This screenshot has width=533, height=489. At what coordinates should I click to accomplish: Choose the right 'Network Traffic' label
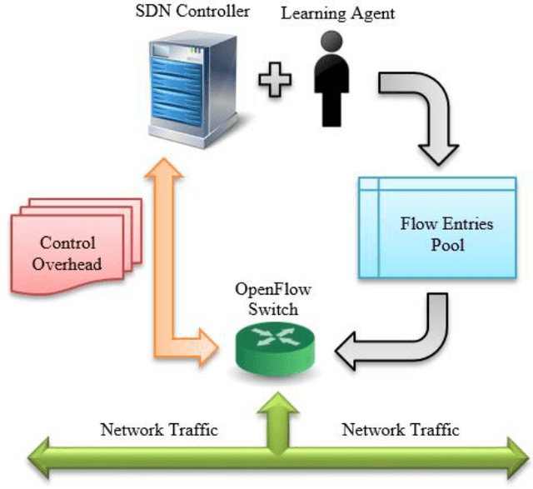click(401, 431)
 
